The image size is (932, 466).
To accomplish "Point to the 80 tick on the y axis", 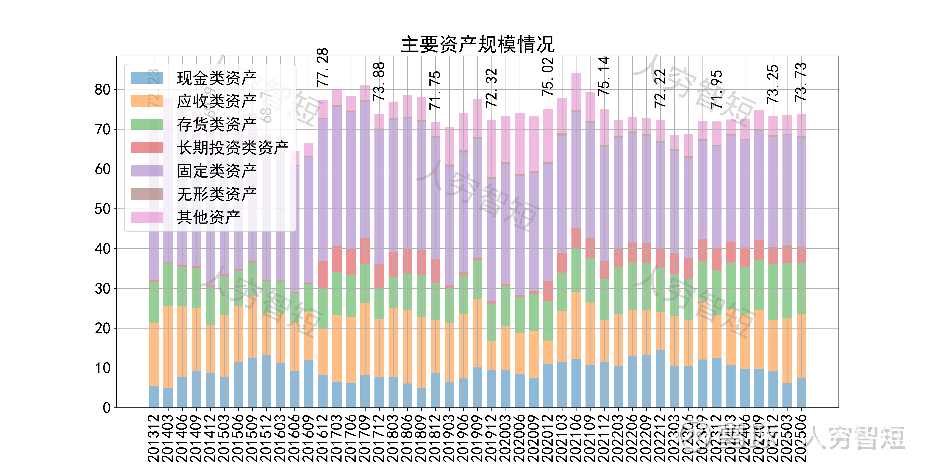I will [x=102, y=89].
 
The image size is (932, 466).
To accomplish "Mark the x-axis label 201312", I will [x=154, y=438].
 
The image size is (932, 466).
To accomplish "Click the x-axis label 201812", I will [x=435, y=438].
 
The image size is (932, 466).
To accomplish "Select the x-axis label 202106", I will [x=576, y=438].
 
